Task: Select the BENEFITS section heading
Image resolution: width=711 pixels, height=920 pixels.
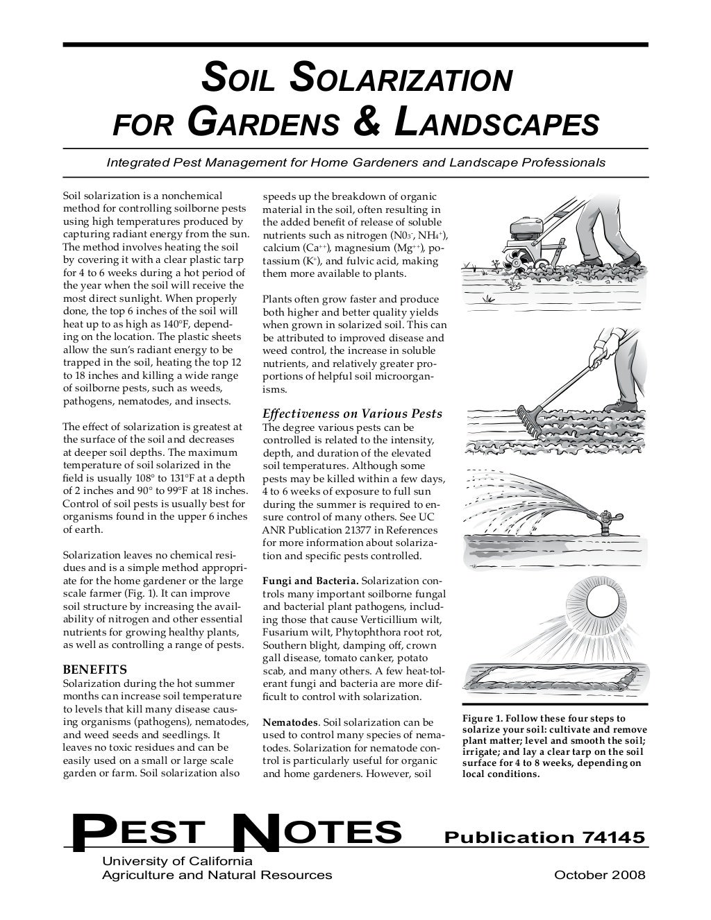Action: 94,670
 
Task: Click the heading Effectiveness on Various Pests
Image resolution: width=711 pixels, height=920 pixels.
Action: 352,414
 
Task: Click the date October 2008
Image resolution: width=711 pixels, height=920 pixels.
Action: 599,875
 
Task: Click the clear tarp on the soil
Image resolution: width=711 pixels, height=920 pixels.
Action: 552,674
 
